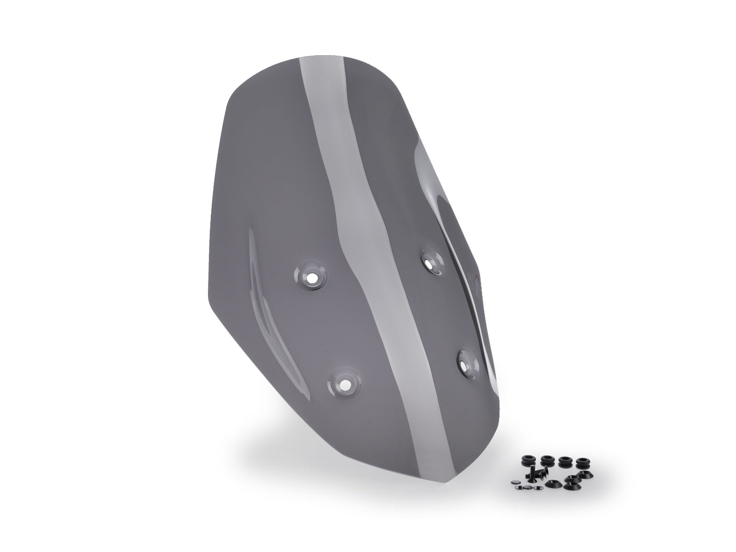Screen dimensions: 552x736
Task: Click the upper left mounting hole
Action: [310, 278]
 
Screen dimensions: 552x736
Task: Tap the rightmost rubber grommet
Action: [583, 464]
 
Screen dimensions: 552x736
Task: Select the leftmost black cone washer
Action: [553, 483]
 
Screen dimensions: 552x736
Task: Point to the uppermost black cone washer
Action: [585, 474]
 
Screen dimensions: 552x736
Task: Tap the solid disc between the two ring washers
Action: [527, 487]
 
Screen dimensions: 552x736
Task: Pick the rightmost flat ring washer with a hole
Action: [538, 488]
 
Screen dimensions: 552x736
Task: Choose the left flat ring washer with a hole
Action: [519, 487]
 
